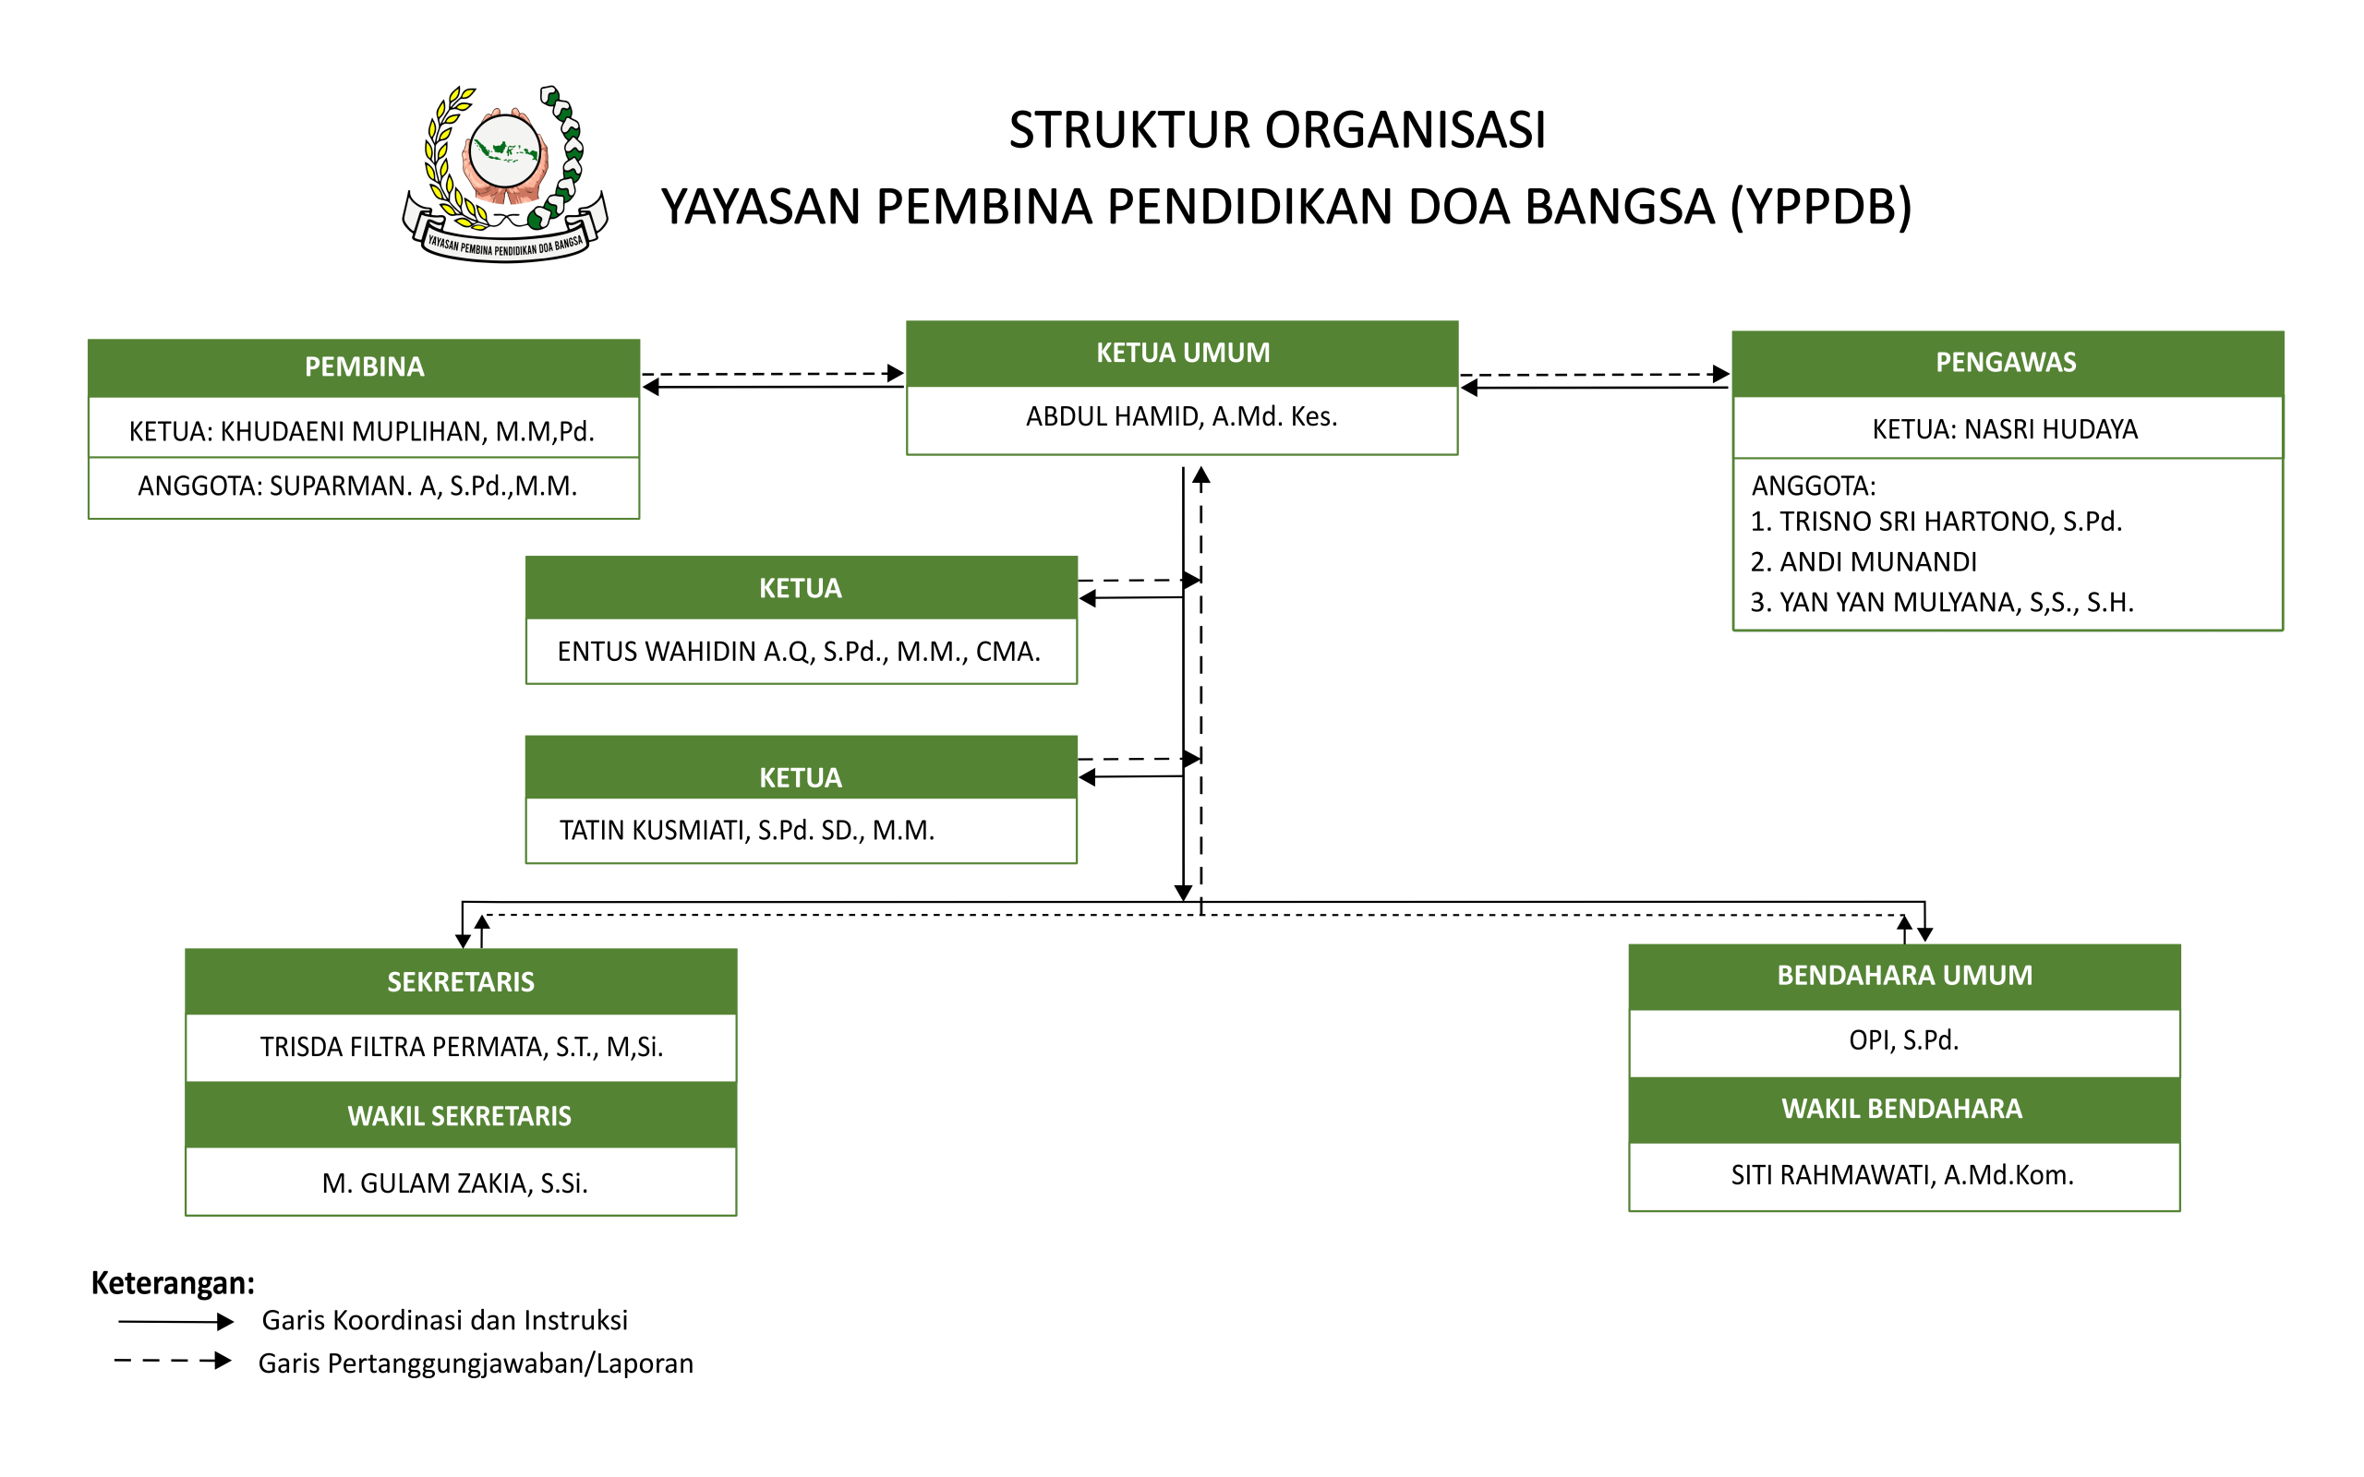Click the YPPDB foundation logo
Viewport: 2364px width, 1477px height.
tap(505, 174)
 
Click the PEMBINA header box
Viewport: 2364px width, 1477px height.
tap(364, 367)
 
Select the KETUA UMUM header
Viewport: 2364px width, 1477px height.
tap(1182, 353)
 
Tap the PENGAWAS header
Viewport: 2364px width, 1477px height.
tap(2008, 363)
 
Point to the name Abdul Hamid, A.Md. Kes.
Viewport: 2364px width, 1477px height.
tap(1182, 417)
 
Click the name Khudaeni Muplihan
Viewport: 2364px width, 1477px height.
tap(361, 432)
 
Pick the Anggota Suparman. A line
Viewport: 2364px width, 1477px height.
tap(357, 486)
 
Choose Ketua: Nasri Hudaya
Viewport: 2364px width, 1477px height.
tap(2005, 430)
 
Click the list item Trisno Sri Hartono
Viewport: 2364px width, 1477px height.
tap(1936, 522)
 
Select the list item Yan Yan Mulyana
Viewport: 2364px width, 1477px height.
tap(1942, 603)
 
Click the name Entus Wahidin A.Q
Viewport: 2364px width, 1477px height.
tap(799, 652)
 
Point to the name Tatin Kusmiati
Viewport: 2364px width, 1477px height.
tap(747, 830)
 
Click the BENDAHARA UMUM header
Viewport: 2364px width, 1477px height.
tap(1905, 976)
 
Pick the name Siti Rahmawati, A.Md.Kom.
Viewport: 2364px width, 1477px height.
tap(1903, 1175)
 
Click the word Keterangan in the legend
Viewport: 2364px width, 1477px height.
tap(173, 1282)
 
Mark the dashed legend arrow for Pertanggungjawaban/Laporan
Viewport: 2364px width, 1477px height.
tap(173, 1361)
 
